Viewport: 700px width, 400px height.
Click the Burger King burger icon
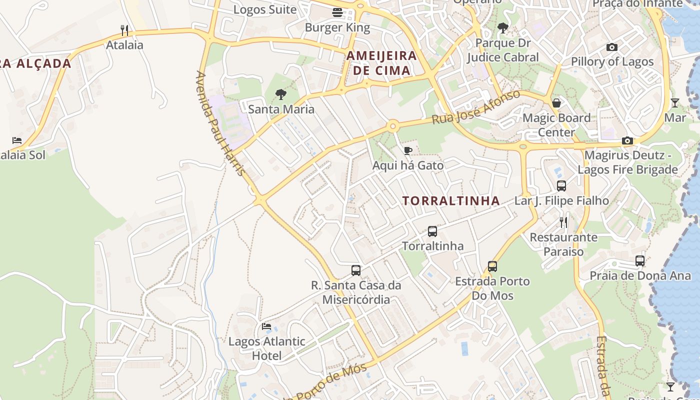tap(337, 12)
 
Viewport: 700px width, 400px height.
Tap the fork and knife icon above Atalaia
tap(124, 30)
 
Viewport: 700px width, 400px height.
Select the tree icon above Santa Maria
tap(281, 94)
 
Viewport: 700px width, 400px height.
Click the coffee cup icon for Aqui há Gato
tap(408, 150)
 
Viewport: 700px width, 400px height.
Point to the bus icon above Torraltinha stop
tap(432, 231)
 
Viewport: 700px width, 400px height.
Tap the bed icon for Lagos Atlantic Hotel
tap(266, 326)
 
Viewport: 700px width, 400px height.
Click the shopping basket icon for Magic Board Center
tap(556, 103)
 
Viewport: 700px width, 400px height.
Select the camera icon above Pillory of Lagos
tap(612, 47)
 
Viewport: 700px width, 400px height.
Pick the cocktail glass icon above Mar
tap(675, 103)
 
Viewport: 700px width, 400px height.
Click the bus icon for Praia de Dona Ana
tap(640, 260)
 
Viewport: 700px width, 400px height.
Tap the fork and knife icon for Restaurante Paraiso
tap(563, 222)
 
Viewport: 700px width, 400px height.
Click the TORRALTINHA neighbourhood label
tap(451, 201)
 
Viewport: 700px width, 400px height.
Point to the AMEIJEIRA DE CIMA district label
tap(382, 62)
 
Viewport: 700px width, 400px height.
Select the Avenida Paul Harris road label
tap(220, 123)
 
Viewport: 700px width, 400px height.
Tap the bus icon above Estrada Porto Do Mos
tap(492, 266)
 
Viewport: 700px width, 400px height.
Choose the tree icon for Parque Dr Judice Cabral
tap(503, 28)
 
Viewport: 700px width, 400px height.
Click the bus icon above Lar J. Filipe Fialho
tap(561, 186)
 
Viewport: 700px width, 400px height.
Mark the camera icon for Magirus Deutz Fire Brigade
tap(627, 141)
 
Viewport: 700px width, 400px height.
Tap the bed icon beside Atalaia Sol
tap(17, 140)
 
